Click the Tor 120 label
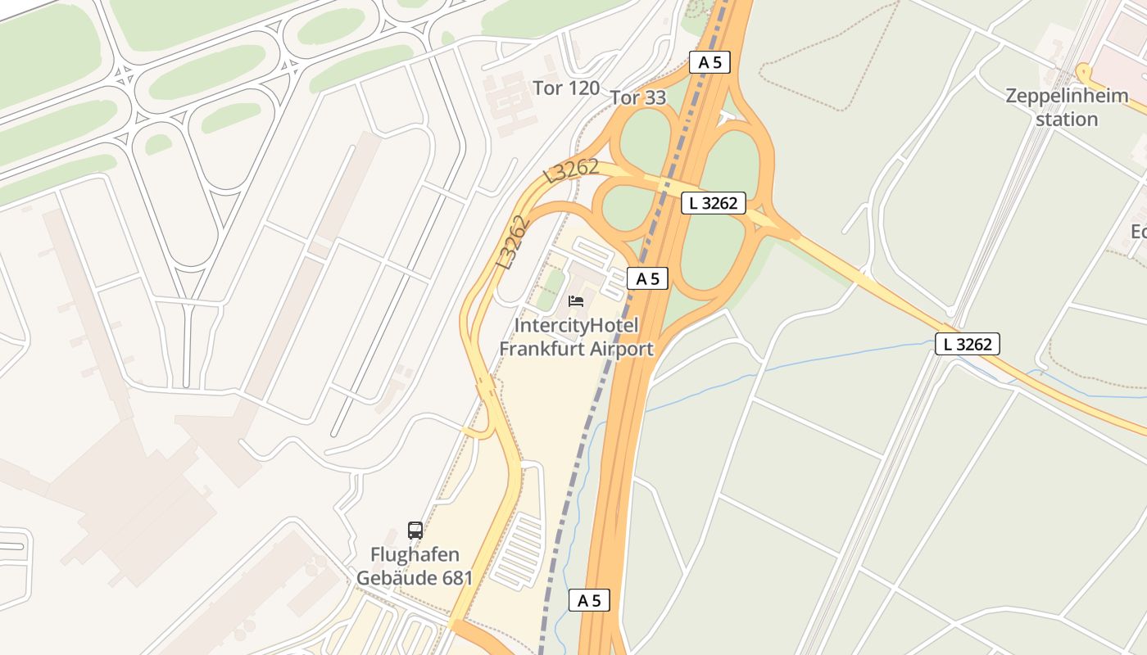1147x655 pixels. click(566, 88)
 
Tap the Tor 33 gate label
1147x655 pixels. click(638, 98)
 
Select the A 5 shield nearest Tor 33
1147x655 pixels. click(710, 62)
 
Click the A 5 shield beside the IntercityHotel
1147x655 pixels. click(648, 278)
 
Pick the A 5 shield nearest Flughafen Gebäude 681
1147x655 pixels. click(589, 600)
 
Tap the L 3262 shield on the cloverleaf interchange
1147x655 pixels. click(714, 203)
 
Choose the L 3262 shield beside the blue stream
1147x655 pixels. click(968, 345)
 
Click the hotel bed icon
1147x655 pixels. click(576, 301)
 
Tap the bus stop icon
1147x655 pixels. click(415, 531)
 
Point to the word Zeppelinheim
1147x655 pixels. click(1067, 96)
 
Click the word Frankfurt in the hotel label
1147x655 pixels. click(542, 350)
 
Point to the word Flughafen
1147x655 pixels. click(415, 555)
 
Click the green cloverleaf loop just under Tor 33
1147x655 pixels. click(646, 139)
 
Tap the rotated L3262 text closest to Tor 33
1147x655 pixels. click(571, 171)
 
